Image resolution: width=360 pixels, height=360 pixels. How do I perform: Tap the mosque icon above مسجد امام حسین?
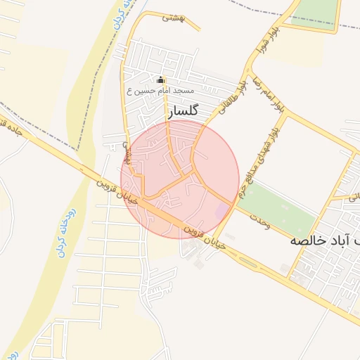(160, 79)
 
